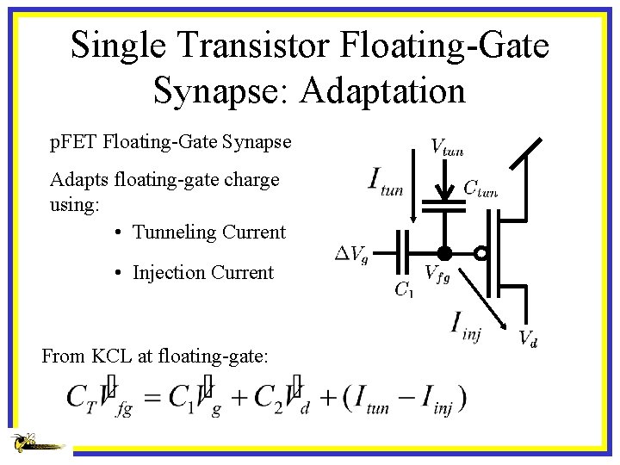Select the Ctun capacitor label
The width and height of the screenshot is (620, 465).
tap(480, 187)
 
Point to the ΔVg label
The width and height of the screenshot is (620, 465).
tap(351, 254)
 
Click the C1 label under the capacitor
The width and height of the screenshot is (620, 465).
tap(403, 289)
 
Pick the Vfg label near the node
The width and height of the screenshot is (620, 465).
tap(437, 276)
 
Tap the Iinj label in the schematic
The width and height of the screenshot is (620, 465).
tap(466, 326)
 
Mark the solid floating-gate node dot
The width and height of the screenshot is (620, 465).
tap(444, 253)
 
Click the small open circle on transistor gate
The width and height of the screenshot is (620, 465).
tap(481, 253)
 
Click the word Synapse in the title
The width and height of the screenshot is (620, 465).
tap(220, 90)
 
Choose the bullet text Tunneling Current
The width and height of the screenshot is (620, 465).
tap(209, 232)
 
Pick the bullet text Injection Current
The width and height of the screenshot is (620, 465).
tap(203, 272)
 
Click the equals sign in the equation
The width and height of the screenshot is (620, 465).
tap(152, 396)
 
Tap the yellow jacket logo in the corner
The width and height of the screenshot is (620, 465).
tap(34, 443)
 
